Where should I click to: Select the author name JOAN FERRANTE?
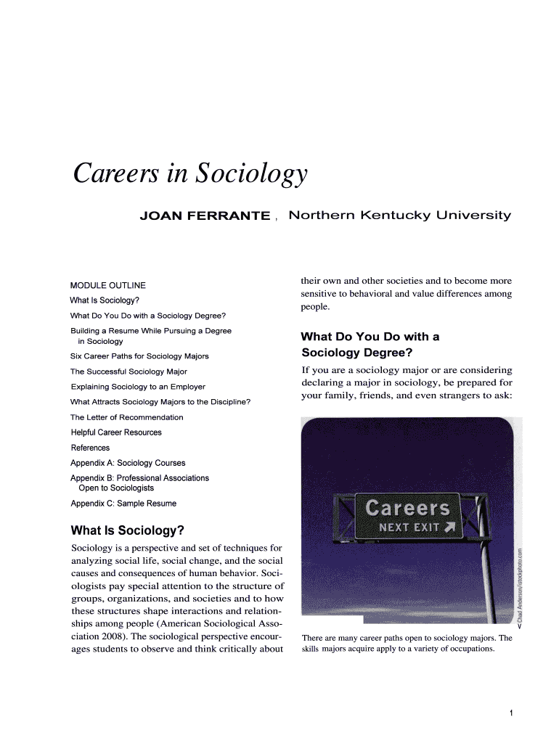click(205, 216)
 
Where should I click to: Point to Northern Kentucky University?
click(400, 215)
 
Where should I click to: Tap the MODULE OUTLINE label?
click(107, 285)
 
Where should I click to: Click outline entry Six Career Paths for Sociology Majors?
click(139, 356)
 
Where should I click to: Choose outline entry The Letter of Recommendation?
click(126, 417)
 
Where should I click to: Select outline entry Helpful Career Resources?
click(116, 432)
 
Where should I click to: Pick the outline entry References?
click(90, 448)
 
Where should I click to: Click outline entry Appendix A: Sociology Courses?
click(128, 463)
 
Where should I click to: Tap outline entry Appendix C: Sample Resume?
click(123, 504)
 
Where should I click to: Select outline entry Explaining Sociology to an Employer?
click(138, 387)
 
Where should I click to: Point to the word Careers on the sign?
click(407, 507)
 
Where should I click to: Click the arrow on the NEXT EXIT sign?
click(450, 527)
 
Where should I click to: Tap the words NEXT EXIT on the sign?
click(408, 528)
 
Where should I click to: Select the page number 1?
click(512, 713)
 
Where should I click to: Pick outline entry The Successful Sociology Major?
click(128, 371)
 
